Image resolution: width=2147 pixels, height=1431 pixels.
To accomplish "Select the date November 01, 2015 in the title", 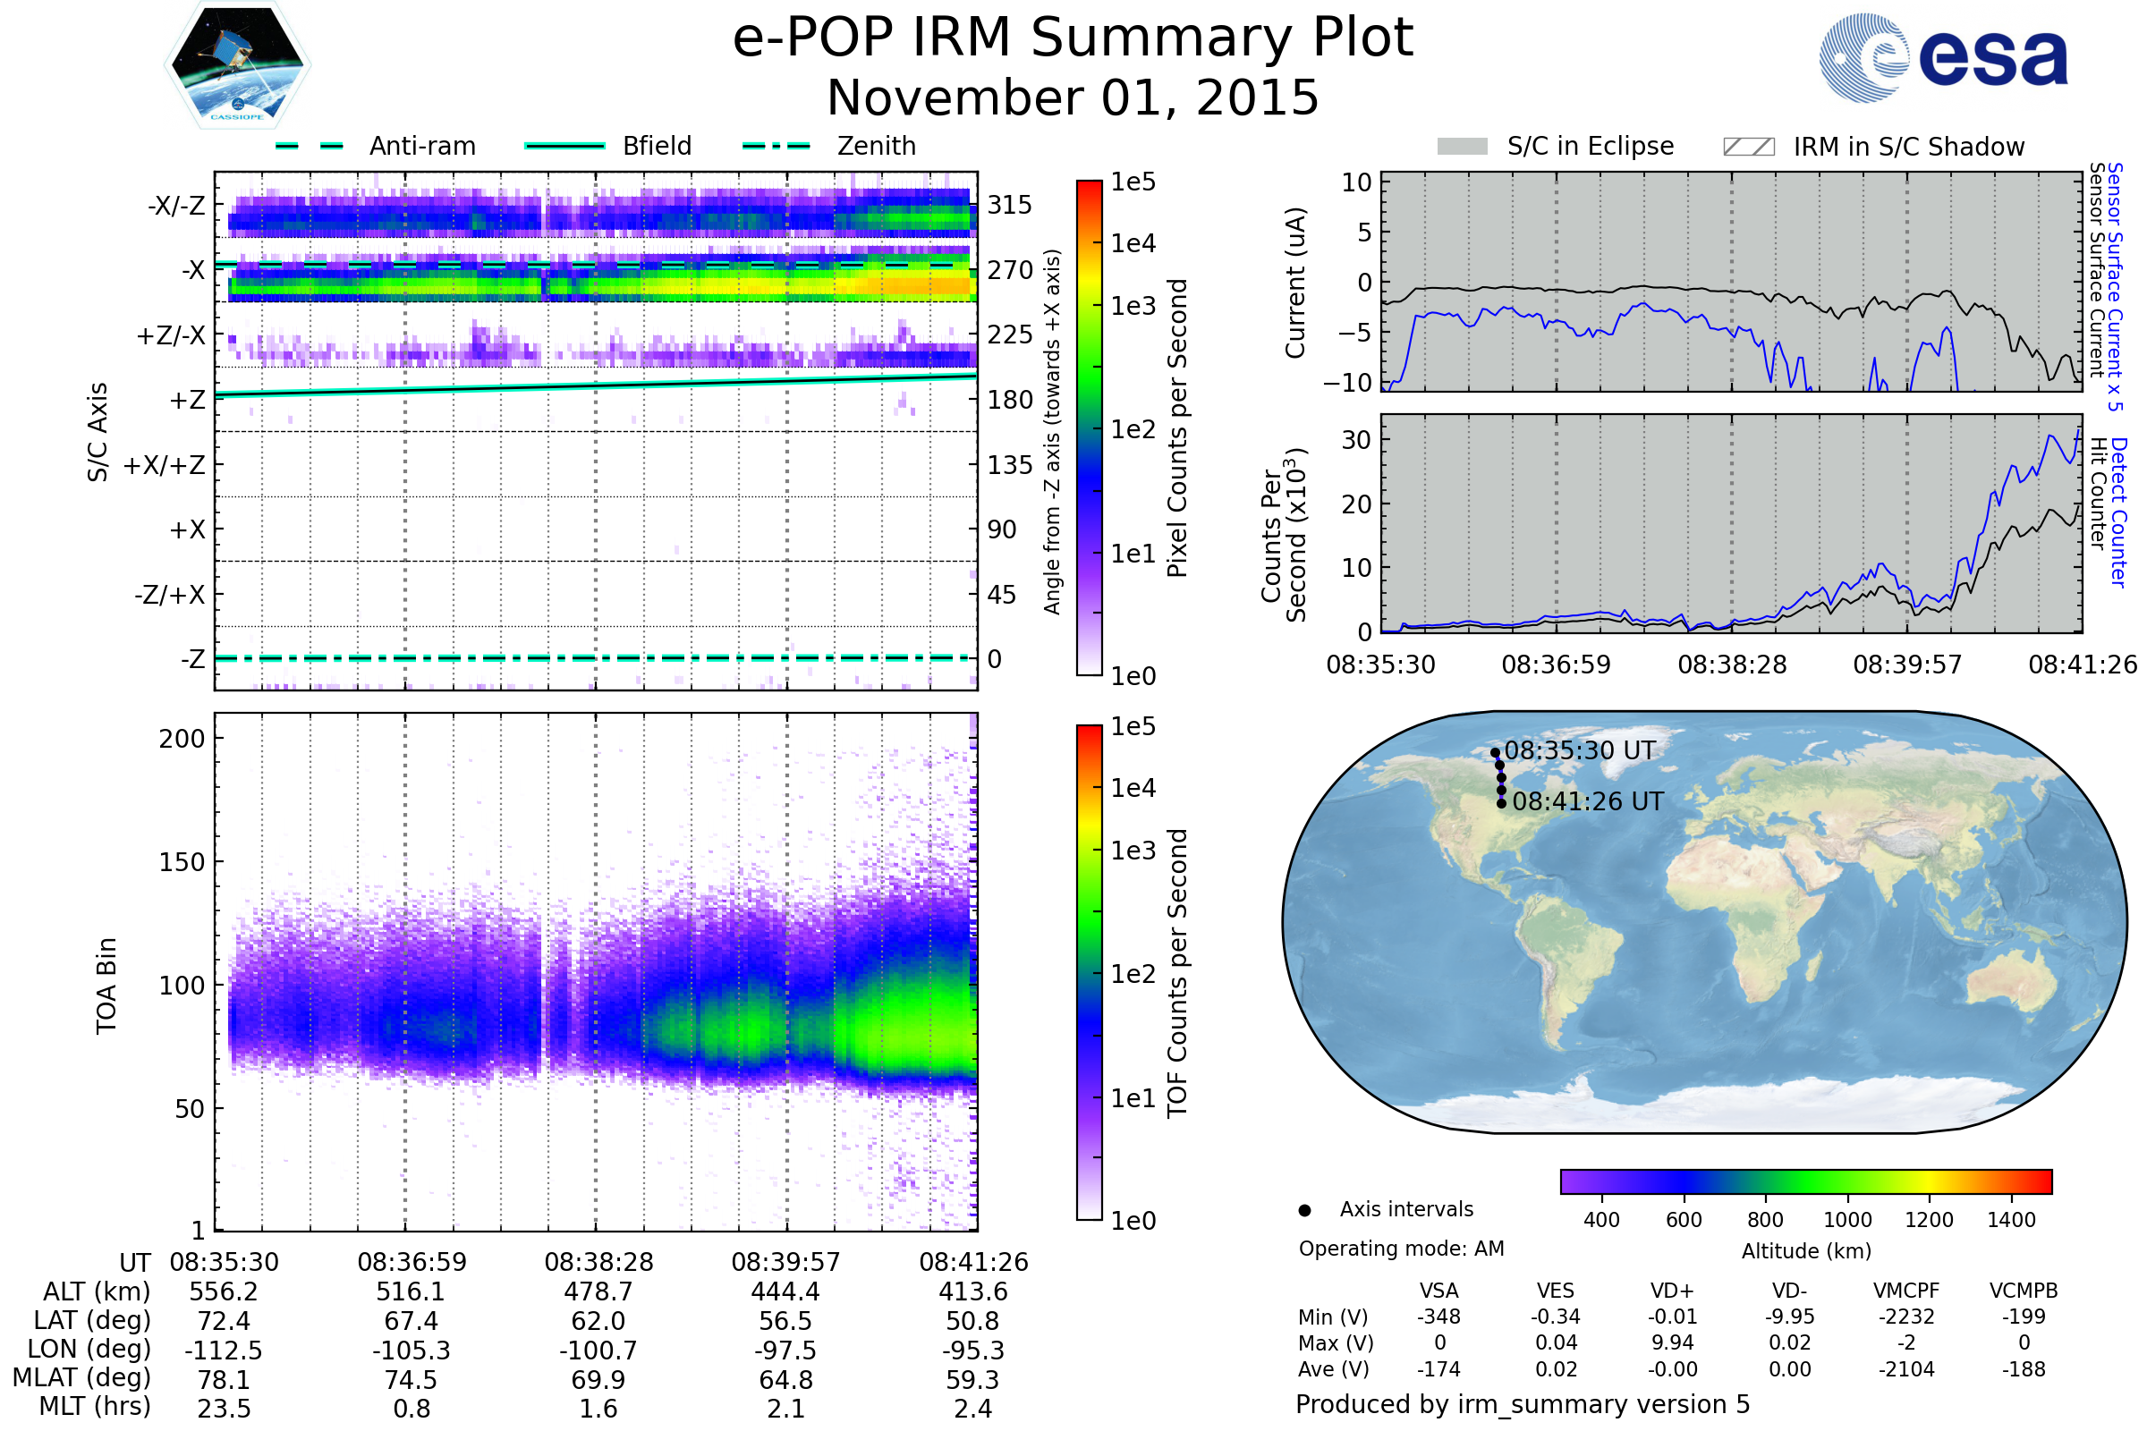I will (x=1073, y=97).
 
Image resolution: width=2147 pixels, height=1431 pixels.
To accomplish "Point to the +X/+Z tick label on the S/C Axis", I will (x=165, y=465).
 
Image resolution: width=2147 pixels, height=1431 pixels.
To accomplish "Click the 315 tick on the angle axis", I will (x=1010, y=205).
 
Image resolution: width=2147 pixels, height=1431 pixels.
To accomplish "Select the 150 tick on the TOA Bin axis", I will (x=182, y=861).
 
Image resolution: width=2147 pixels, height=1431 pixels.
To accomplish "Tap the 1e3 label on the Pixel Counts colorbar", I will (x=1133, y=306).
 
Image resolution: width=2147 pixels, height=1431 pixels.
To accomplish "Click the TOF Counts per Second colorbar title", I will (x=1177, y=973).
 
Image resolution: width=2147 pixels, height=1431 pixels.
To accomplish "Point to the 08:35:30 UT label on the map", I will (x=1579, y=750).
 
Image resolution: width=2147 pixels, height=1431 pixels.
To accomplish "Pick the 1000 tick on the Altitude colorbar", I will (x=1846, y=1220).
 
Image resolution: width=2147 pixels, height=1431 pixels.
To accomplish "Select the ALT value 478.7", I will (x=598, y=1291).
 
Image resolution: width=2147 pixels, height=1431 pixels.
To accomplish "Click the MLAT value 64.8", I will (x=785, y=1380).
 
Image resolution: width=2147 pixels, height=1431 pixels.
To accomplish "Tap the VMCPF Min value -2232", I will (x=1906, y=1317).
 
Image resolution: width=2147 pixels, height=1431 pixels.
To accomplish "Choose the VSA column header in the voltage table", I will (x=1438, y=1291).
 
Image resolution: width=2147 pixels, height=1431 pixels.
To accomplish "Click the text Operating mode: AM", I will (x=1401, y=1249).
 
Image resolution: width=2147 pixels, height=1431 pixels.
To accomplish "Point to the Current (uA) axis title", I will (x=1295, y=283).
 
